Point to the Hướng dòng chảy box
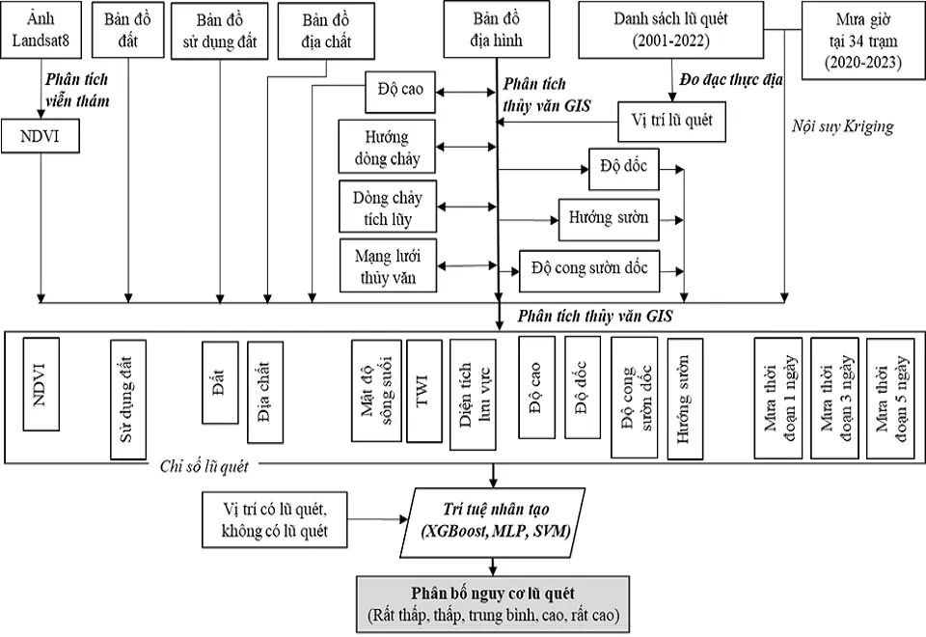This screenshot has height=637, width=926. pos(387,149)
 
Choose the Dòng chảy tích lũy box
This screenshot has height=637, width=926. pos(387,206)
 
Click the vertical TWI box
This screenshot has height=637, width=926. pos(423,392)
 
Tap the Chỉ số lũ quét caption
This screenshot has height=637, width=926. pos(205,467)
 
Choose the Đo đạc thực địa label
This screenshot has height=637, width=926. pos(731,78)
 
